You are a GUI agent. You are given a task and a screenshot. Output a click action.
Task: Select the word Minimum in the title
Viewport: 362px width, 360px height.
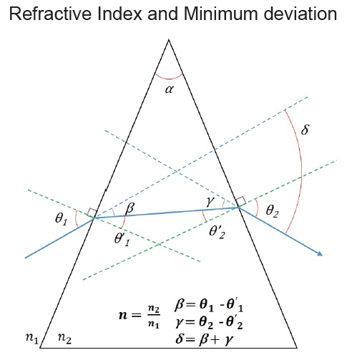(221, 14)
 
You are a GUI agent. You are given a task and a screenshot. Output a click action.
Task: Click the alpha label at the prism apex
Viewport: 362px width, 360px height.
(170, 89)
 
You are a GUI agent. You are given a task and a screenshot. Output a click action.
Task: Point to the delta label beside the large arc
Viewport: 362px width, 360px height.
(305, 130)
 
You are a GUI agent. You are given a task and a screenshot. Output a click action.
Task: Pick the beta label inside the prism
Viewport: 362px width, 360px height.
(130, 208)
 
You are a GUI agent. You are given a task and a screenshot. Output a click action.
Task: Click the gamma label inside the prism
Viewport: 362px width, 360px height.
(210, 202)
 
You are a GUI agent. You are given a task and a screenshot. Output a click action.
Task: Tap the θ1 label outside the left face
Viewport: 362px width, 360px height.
(62, 218)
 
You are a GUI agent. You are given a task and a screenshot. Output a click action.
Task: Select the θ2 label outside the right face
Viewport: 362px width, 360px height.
(272, 211)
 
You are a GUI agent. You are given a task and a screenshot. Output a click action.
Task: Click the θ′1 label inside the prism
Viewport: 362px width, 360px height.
(122, 239)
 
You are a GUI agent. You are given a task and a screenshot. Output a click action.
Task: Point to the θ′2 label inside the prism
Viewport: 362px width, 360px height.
(217, 232)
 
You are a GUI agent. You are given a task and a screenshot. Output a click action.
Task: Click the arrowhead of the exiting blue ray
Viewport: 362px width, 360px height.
(320, 253)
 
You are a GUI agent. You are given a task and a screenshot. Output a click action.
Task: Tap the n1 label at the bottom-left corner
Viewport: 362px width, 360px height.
(32, 338)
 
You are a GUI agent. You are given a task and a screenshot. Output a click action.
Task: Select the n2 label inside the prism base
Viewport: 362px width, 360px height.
(64, 338)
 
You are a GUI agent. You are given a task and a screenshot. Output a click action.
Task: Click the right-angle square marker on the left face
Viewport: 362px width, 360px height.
(92, 213)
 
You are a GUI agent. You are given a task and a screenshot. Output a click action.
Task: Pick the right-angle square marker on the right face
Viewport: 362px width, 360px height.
(241, 201)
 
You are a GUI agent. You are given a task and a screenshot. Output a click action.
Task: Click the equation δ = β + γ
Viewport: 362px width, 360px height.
(205, 339)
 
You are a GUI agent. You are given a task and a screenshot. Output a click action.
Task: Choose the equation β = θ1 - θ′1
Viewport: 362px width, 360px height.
(209, 306)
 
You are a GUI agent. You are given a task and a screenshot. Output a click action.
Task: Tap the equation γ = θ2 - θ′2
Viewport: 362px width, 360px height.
(209, 322)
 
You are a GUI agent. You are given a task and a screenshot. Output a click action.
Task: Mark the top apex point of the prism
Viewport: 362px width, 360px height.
(169, 39)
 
